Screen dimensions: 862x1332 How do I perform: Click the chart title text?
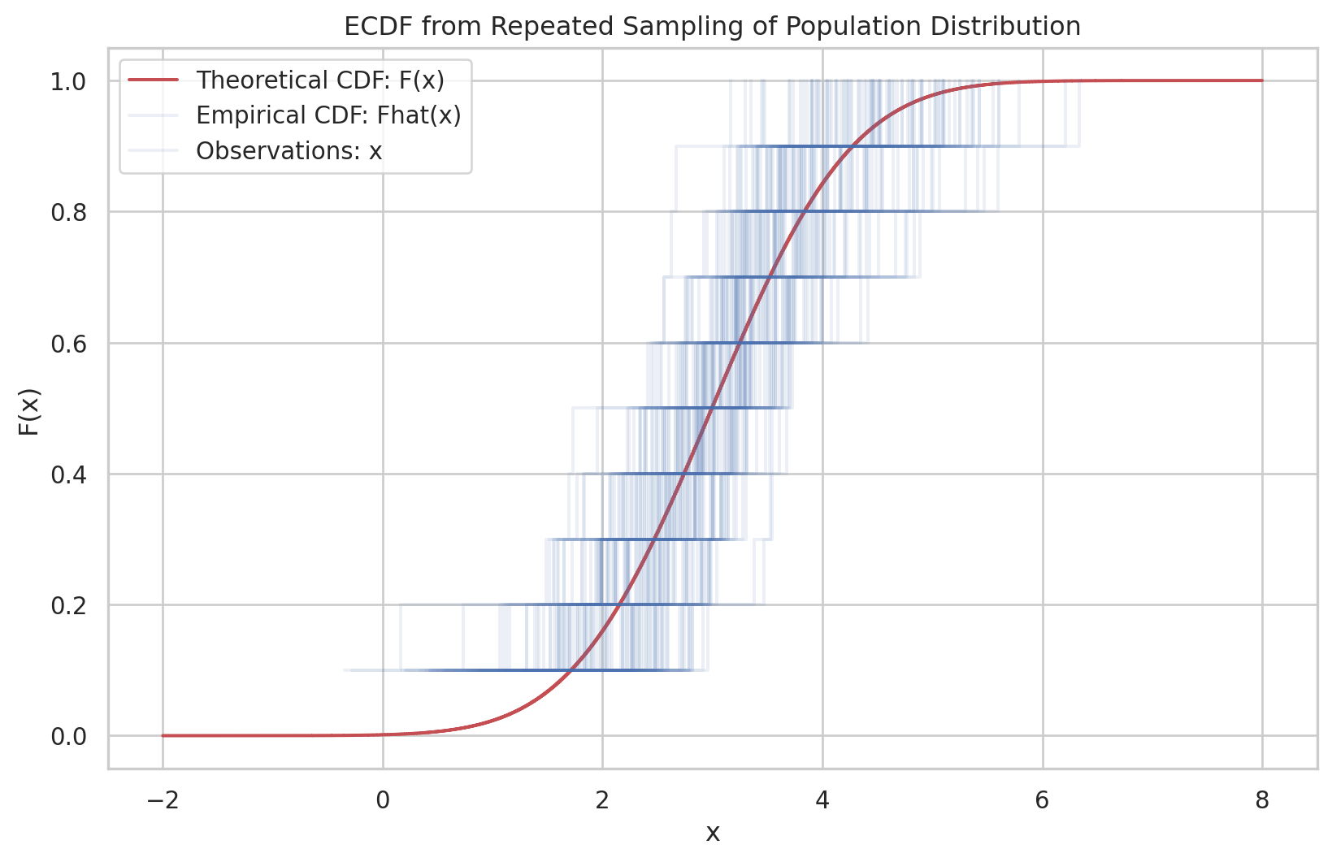712,26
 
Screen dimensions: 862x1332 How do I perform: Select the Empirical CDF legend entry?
328,115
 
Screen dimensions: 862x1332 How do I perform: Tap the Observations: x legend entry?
289,151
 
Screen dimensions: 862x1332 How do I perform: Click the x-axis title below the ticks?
712,834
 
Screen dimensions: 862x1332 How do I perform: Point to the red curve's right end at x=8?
1261,80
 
